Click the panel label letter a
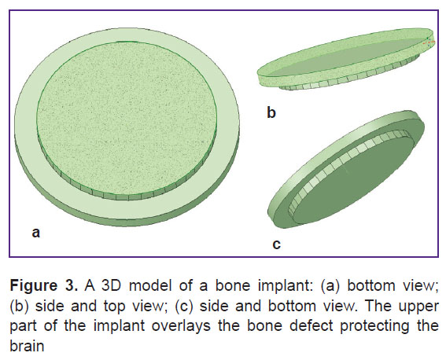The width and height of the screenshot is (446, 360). tap(36, 233)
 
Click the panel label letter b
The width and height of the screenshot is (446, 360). tap(271, 112)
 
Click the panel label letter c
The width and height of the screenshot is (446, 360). tap(276, 244)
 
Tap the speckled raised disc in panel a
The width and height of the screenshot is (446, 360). tap(127, 119)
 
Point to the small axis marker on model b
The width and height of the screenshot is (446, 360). tap(429, 42)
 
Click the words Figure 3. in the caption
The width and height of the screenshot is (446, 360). tap(43, 285)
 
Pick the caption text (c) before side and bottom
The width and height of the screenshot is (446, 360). tap(184, 307)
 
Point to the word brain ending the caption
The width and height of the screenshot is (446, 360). tap(27, 346)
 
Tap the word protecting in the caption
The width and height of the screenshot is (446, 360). tap(374, 326)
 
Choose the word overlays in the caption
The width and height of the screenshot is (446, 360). tap(181, 326)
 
